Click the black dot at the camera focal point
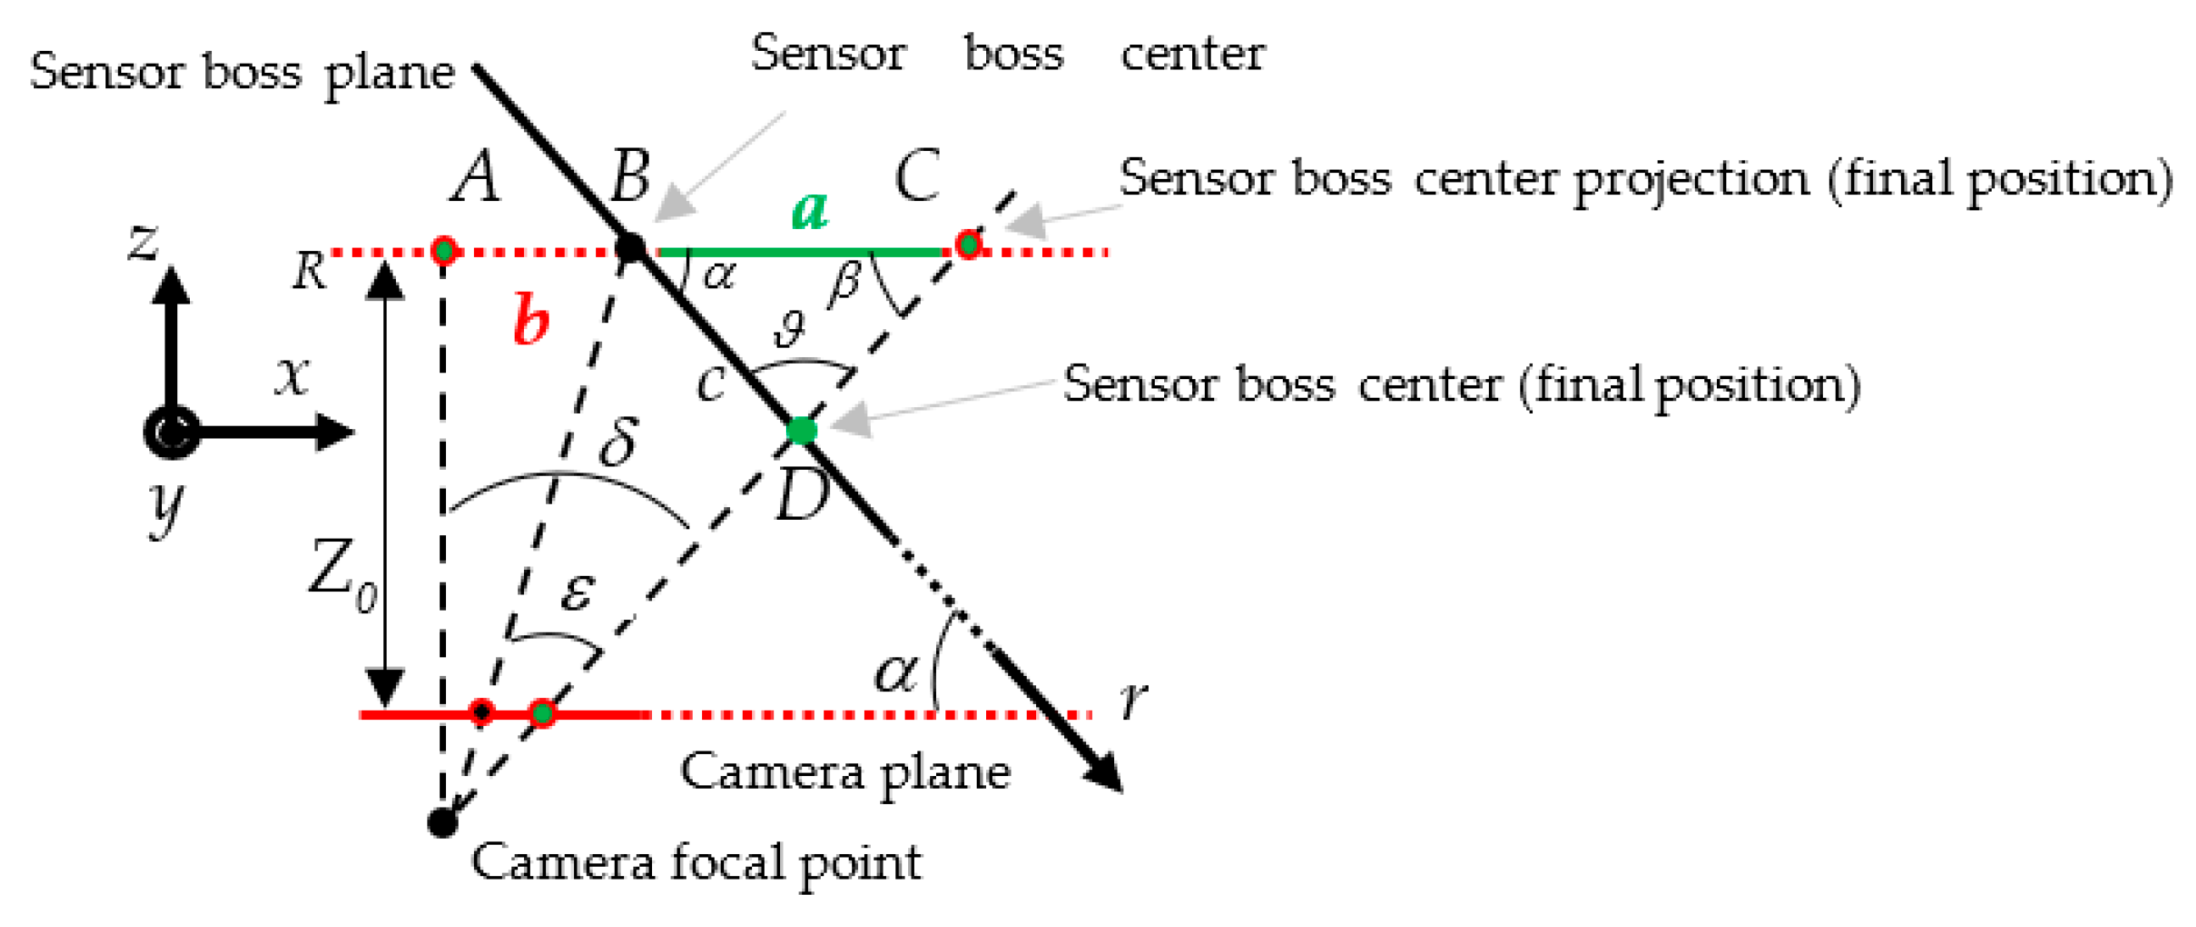tap(443, 822)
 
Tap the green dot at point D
tap(801, 430)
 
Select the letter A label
tap(476, 176)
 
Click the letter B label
tap(631, 176)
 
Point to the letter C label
tap(917, 176)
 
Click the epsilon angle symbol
tap(577, 590)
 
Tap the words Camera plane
tap(844, 773)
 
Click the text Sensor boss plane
tap(242, 73)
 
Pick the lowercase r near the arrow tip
tap(1133, 700)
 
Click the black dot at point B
tap(630, 249)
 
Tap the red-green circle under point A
tap(443, 251)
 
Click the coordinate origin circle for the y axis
tap(171, 433)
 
